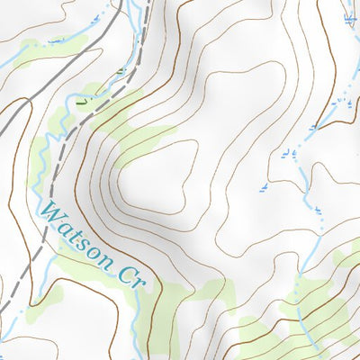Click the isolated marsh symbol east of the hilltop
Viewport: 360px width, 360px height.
tap(264, 187)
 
